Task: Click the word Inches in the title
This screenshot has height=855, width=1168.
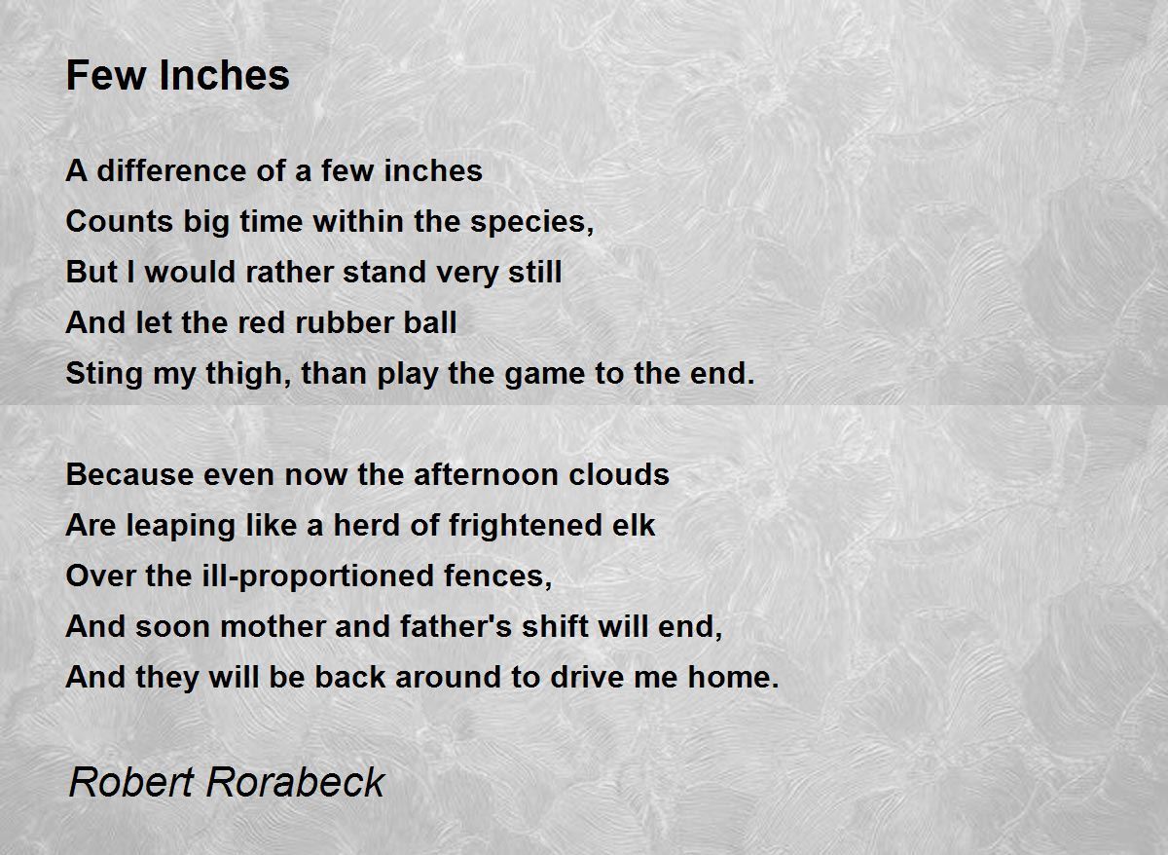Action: coord(224,75)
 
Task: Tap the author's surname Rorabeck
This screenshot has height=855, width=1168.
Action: coord(296,782)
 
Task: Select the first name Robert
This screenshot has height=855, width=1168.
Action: coord(131,782)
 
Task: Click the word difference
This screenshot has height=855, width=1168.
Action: coord(171,170)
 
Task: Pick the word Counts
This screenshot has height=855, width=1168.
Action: coord(119,221)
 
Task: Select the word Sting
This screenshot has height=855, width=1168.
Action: coord(104,375)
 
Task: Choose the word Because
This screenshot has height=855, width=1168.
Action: coord(129,474)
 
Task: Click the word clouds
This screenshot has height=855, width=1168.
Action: coord(618,474)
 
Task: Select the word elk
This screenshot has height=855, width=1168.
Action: coord(634,525)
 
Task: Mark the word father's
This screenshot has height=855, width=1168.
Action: coord(456,626)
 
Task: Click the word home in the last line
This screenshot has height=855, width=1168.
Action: coord(729,677)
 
